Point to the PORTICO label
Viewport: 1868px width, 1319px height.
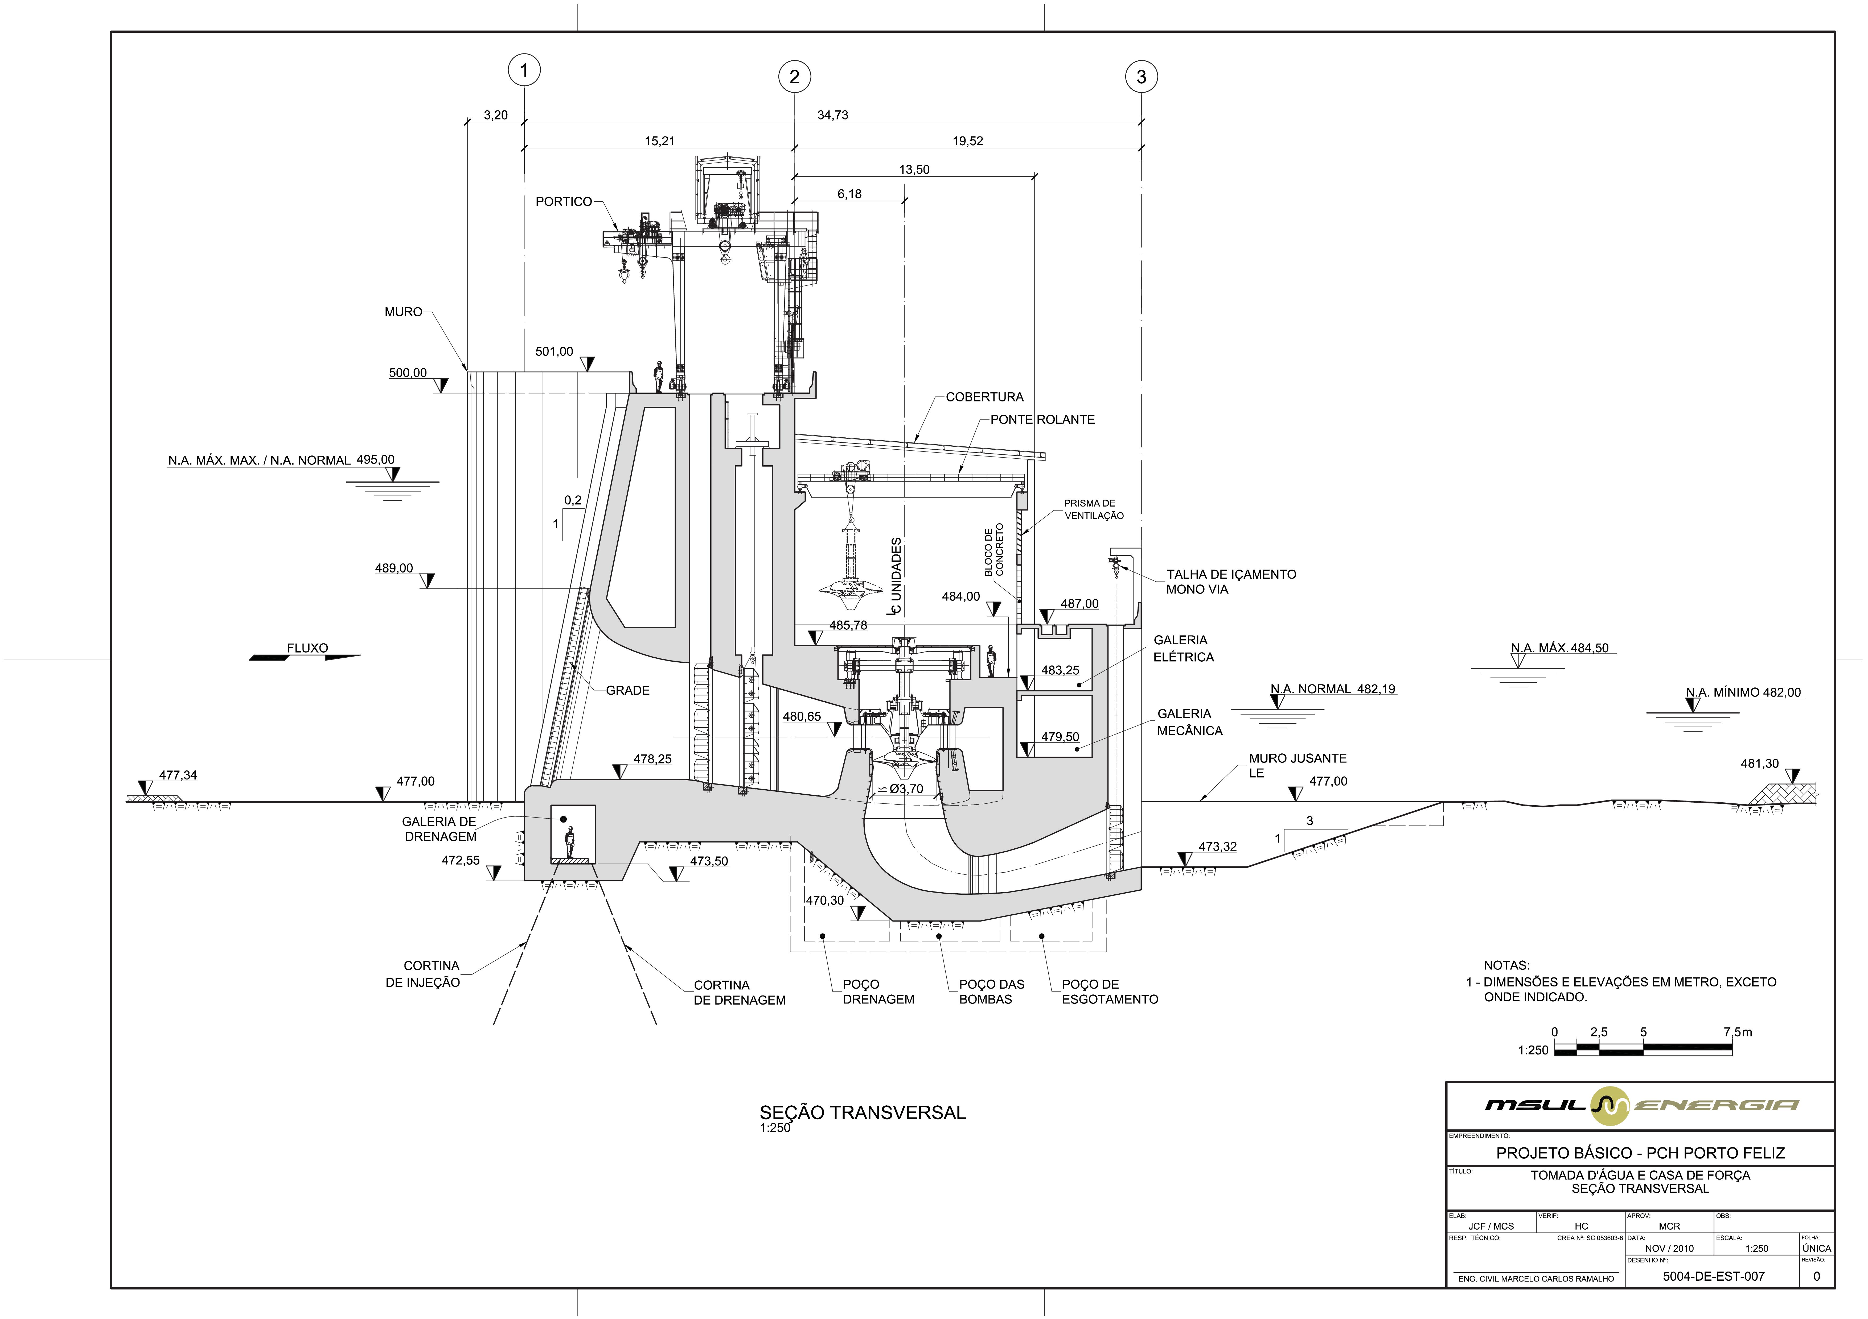pyautogui.click(x=563, y=202)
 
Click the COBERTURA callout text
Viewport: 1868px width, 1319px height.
pyautogui.click(x=984, y=397)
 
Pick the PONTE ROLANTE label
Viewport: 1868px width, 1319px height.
pyautogui.click(x=1042, y=420)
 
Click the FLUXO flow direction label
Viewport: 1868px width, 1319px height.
pyautogui.click(x=307, y=648)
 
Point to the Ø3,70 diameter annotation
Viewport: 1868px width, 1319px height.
pyautogui.click(x=906, y=789)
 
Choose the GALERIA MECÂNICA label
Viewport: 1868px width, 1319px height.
pyautogui.click(x=1189, y=722)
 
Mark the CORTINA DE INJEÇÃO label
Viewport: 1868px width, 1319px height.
pyautogui.click(x=423, y=974)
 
